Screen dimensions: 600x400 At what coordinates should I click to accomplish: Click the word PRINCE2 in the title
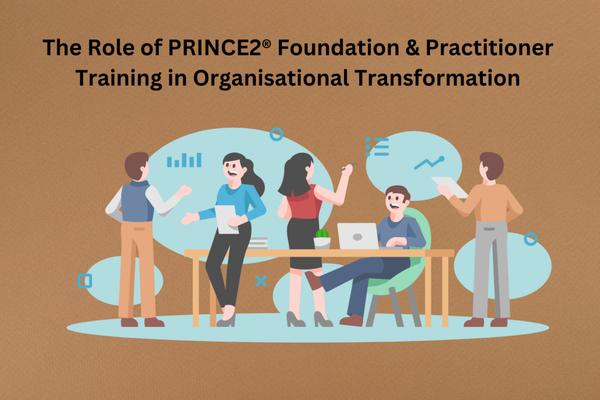(x=215, y=48)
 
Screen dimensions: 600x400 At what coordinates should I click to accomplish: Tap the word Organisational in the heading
(x=271, y=78)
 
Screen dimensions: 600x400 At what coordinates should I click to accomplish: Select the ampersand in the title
(x=411, y=48)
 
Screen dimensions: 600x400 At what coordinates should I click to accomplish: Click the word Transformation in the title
(x=437, y=78)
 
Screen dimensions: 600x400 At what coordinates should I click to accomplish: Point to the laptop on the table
(x=358, y=237)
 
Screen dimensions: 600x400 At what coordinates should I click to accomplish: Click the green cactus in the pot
(x=322, y=233)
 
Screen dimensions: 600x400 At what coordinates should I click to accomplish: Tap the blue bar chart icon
(x=184, y=160)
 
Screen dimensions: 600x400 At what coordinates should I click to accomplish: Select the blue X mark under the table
(x=261, y=281)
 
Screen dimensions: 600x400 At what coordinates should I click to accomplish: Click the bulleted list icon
(x=377, y=147)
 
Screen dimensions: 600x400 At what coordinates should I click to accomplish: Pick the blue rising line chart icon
(x=429, y=163)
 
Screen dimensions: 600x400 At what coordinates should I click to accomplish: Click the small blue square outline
(x=84, y=281)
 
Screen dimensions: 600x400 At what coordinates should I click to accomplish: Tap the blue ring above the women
(x=277, y=134)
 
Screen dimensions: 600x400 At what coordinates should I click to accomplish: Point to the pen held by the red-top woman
(x=349, y=167)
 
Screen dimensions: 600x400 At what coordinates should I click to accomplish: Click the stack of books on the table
(x=258, y=243)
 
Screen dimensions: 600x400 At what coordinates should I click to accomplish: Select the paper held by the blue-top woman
(x=226, y=219)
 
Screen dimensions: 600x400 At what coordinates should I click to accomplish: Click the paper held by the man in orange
(x=449, y=187)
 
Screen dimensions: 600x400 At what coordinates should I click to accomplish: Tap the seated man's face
(x=396, y=201)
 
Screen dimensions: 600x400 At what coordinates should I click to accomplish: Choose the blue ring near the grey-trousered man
(x=530, y=239)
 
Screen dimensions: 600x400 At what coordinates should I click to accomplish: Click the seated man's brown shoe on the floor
(x=352, y=320)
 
